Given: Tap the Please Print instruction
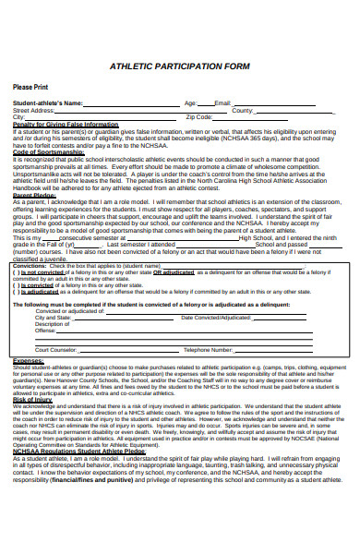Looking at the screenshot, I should [30, 87].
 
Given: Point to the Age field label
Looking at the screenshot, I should [190, 103].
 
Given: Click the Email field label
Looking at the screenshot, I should [222, 103].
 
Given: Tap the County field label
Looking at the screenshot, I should [243, 110].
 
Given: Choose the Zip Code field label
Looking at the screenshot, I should [199, 117].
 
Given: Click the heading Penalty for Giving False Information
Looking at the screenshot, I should [66, 124].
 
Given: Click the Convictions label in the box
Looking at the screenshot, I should [32, 265].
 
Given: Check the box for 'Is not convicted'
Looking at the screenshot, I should [16, 272].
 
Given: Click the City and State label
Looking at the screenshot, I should [54, 318].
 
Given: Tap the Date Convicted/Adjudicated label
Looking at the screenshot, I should [216, 318].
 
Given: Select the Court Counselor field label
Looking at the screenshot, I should [56, 350].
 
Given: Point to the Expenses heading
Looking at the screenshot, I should [27, 361].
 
